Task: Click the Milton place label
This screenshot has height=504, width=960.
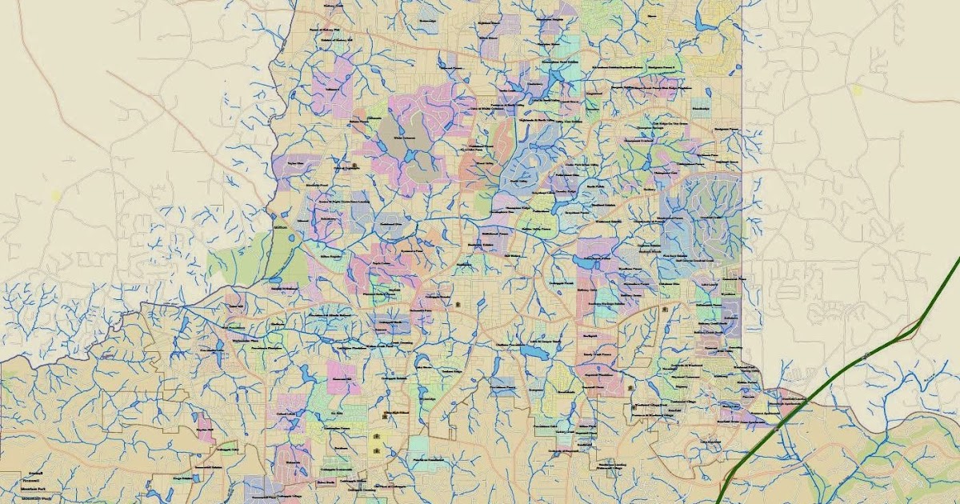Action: coord(280,227)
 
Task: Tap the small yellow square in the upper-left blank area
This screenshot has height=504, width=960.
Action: coord(55,194)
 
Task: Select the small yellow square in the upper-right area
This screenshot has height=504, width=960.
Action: coord(858,90)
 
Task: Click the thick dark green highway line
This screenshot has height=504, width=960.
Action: coord(832,375)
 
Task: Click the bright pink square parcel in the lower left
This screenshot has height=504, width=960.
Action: coord(342,376)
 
